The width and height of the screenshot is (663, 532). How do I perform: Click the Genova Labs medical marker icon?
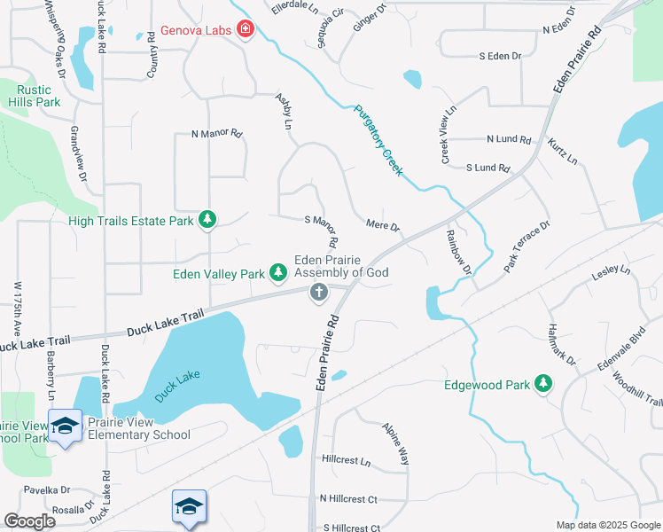(245, 30)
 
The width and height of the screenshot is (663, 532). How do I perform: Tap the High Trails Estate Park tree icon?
(207, 219)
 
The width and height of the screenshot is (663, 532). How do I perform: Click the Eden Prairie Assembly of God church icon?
(319, 293)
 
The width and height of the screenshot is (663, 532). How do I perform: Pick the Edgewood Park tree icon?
(543, 384)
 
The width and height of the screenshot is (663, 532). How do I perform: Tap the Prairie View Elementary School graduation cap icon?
(66, 426)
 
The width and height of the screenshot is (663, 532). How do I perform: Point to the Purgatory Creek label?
(378, 140)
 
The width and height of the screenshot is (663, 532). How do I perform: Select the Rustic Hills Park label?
(30, 95)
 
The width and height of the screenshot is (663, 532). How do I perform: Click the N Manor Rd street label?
(216, 135)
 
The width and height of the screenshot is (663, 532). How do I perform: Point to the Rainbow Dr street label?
(457, 252)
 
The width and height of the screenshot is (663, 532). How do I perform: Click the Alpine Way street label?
(395, 443)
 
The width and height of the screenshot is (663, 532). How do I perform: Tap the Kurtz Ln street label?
(562, 152)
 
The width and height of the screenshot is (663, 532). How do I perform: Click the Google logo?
(29, 521)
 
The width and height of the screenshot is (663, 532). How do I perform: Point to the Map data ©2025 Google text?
(607, 525)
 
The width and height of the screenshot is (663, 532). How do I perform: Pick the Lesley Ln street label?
(612, 270)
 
